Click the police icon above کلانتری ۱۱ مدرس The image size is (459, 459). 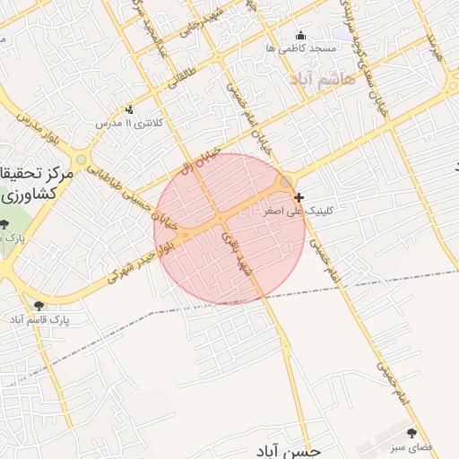(132, 109)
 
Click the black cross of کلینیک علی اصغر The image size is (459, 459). (299, 196)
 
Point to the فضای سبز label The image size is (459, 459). (415, 446)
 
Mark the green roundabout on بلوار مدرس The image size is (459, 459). (82, 160)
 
